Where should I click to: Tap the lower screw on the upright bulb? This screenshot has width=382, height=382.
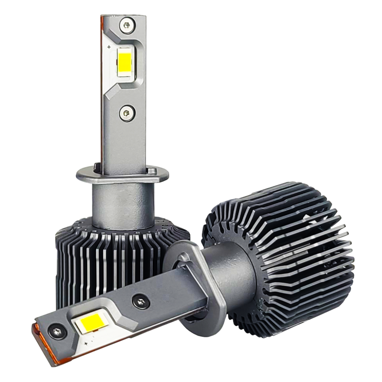[x=126, y=112]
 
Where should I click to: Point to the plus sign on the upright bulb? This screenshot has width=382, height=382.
[x=110, y=47]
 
